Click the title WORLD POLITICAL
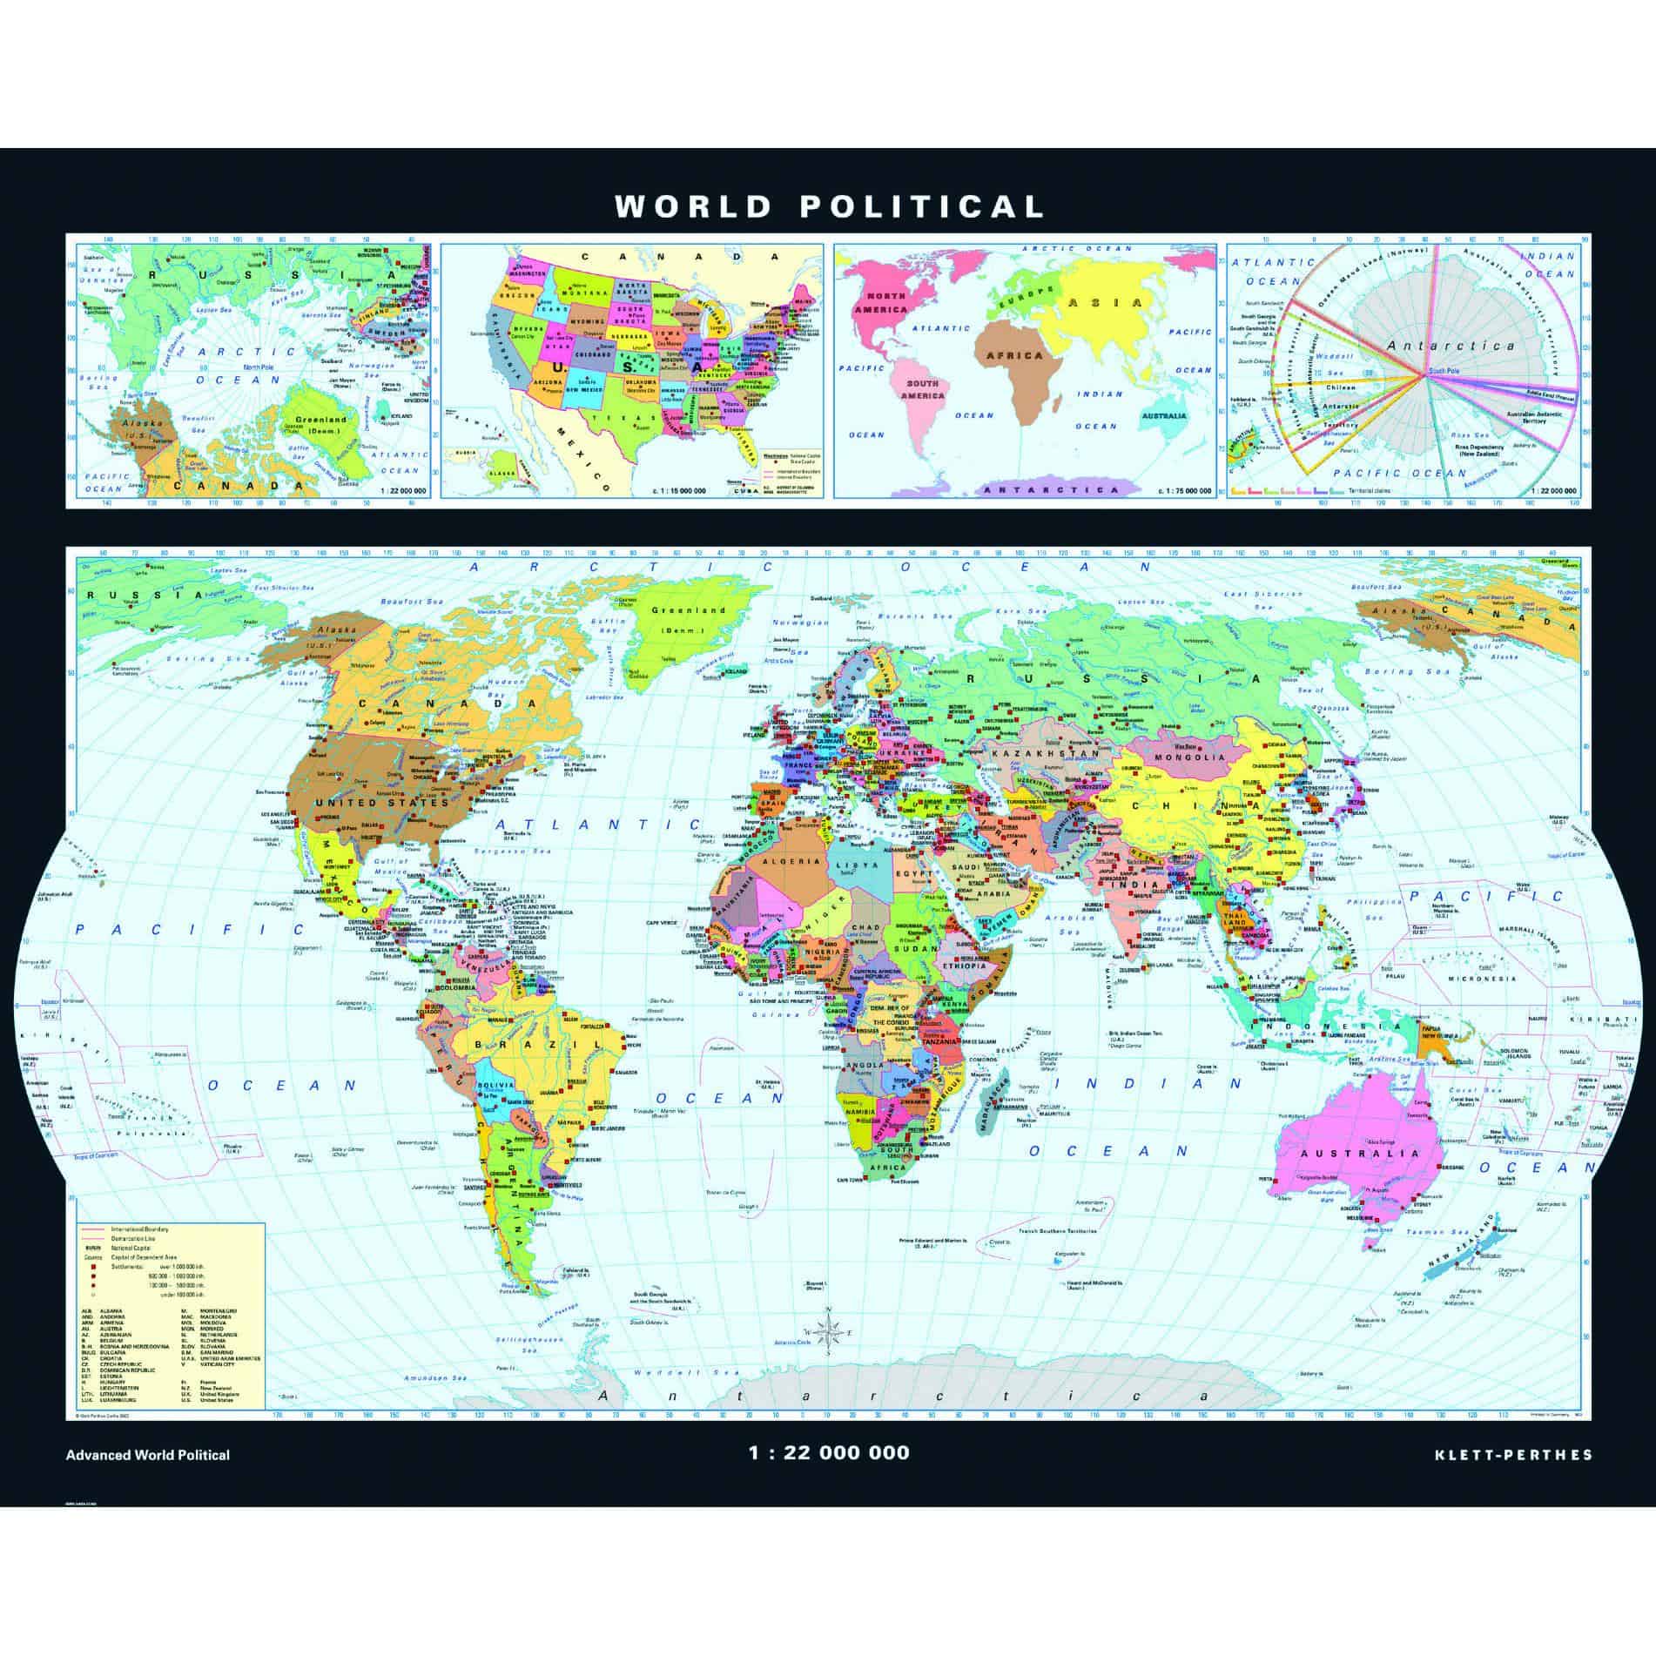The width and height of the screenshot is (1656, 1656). point(828,206)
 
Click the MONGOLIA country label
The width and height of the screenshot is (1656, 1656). point(1188,757)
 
